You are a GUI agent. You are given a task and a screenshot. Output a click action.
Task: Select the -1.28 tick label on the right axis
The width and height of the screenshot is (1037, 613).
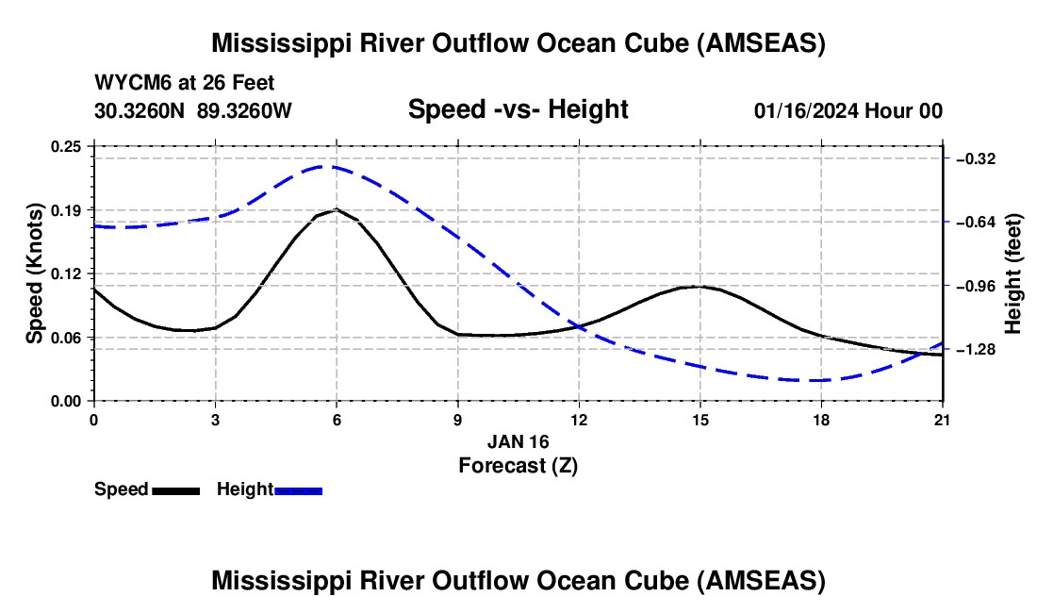point(975,350)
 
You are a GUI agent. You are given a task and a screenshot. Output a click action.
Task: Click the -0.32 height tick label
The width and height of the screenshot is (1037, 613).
point(975,159)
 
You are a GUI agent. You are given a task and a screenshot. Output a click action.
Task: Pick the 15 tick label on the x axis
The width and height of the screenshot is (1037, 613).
point(700,420)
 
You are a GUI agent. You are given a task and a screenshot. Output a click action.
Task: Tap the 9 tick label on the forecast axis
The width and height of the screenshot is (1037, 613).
point(457,420)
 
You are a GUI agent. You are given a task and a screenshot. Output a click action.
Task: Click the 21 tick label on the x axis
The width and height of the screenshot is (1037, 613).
point(943,420)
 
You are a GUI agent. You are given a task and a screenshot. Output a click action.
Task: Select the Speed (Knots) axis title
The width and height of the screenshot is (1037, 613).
point(35,273)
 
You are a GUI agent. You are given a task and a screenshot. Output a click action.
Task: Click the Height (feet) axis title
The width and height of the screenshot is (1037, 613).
point(1014,273)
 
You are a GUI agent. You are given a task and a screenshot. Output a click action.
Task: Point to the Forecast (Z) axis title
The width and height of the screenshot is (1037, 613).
point(518,465)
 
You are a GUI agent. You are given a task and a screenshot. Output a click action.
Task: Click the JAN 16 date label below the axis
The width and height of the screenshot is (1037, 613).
point(518,441)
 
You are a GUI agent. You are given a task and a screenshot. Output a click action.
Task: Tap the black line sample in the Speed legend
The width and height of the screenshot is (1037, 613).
point(175,489)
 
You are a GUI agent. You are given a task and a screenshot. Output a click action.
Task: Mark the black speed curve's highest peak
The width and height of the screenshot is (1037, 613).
point(337,209)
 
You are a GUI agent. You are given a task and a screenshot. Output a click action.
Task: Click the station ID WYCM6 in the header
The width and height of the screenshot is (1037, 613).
point(129,84)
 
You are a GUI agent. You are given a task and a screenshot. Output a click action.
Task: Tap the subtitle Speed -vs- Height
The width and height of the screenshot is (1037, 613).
point(518,109)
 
